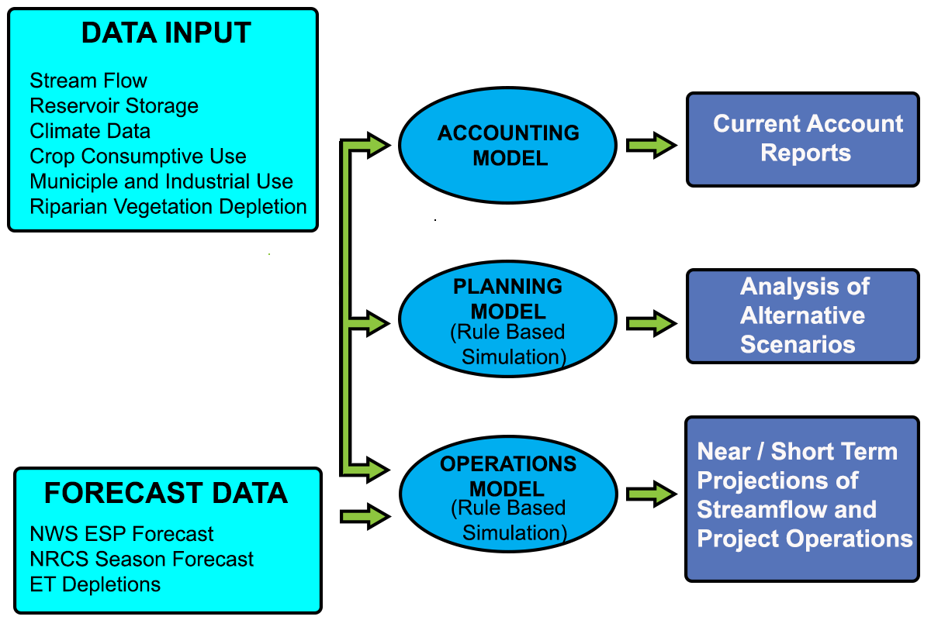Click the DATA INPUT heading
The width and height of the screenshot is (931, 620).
tap(166, 33)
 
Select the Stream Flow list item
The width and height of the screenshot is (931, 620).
tap(88, 81)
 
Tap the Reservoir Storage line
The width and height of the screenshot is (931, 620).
tap(114, 105)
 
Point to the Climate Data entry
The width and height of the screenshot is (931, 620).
tap(90, 131)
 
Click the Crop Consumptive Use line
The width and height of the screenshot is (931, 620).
tap(138, 156)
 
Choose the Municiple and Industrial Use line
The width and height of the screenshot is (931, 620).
tap(161, 181)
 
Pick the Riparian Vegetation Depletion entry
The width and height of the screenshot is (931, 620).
tap(168, 207)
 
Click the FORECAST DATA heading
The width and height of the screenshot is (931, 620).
tap(166, 493)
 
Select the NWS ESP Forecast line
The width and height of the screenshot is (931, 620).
tap(122, 534)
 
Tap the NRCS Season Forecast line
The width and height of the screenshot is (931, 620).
tap(142, 559)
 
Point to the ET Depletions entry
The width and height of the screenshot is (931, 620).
tap(95, 584)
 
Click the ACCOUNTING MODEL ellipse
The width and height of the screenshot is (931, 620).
tap(508, 145)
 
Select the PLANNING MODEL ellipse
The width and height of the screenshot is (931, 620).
tap(508, 319)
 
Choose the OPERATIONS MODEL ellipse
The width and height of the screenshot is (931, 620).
tap(508, 494)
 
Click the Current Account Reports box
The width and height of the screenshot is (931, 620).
tap(803, 139)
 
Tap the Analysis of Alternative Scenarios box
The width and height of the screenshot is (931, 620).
tap(803, 315)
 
